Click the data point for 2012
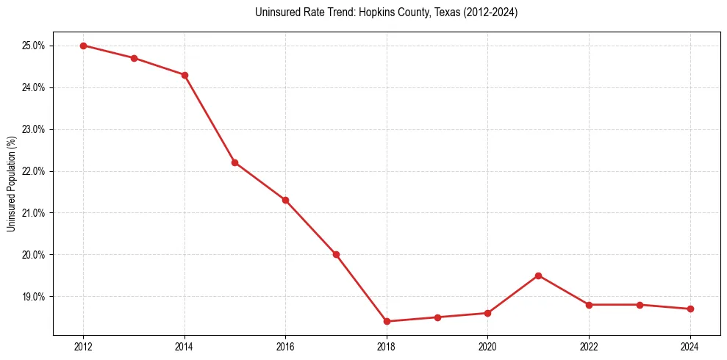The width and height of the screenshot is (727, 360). click(83, 46)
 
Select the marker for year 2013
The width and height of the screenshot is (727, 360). click(134, 58)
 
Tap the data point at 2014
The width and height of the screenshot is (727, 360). click(185, 75)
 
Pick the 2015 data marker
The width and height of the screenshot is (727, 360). click(234, 162)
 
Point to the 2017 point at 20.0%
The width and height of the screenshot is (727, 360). click(336, 254)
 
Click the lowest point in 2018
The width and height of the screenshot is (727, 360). click(387, 321)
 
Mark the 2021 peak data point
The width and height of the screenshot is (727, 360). click(538, 276)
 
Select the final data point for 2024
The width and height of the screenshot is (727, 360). click(690, 309)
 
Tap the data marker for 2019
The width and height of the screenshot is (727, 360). click(437, 317)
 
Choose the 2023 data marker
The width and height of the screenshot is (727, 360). click(640, 305)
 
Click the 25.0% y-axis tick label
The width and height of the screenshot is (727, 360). click(34, 46)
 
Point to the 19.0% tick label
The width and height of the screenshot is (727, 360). click(34, 297)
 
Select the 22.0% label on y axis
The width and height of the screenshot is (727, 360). click(34, 171)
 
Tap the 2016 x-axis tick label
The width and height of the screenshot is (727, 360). click(285, 348)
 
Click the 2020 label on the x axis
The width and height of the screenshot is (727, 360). click(487, 348)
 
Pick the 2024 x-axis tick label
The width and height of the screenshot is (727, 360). click(690, 348)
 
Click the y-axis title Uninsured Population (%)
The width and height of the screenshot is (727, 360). click(11, 184)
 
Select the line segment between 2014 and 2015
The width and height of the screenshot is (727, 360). click(209, 119)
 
